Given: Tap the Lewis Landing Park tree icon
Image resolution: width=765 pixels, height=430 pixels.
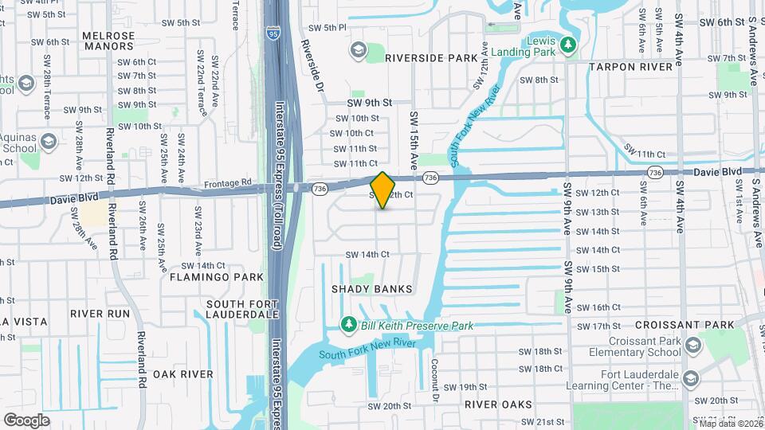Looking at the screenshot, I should [567, 45].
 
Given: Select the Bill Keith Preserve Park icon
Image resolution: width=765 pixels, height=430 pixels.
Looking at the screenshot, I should [348, 325].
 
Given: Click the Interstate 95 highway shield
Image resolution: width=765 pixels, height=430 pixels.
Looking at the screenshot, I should [273, 34].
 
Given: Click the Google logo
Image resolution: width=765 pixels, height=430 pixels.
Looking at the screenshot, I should [26, 420].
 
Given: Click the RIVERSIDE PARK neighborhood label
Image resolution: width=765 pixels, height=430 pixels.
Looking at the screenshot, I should [431, 58].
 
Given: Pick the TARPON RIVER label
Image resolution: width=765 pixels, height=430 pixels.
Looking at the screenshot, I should [631, 67].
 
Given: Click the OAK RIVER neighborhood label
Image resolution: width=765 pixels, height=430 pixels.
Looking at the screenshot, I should [182, 374].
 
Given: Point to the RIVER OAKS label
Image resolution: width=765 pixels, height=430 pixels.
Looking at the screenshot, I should [498, 405].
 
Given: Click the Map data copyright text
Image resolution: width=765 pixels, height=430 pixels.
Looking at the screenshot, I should [731, 424].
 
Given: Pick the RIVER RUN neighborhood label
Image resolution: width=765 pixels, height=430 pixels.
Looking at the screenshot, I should [100, 314].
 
